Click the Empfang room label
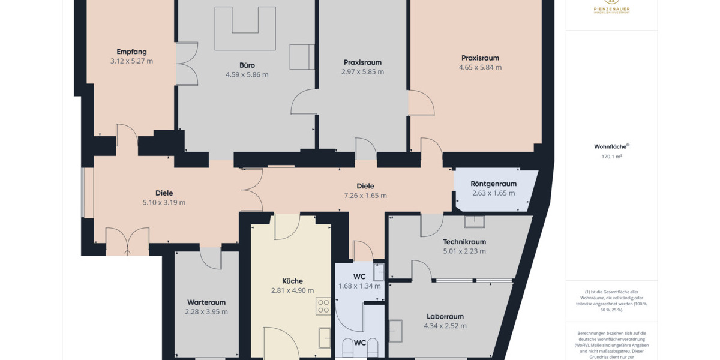(x=131, y=52)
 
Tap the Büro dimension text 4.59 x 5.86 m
(x=247, y=75)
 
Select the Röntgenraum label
(x=494, y=184)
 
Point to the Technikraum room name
(x=464, y=242)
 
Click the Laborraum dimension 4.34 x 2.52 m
(x=445, y=326)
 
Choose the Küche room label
(x=292, y=281)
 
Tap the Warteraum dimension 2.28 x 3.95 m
(x=206, y=312)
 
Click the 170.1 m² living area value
(x=611, y=157)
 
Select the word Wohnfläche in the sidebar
(x=610, y=146)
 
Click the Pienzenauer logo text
(x=611, y=10)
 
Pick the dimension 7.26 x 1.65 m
(x=365, y=196)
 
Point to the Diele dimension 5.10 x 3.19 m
(x=164, y=202)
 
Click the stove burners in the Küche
(x=323, y=306)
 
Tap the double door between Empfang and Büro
(x=187, y=64)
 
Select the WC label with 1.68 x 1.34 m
(x=359, y=277)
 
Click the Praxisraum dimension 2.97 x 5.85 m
(x=362, y=72)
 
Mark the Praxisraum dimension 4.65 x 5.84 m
(x=480, y=68)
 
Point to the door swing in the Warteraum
(x=211, y=258)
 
